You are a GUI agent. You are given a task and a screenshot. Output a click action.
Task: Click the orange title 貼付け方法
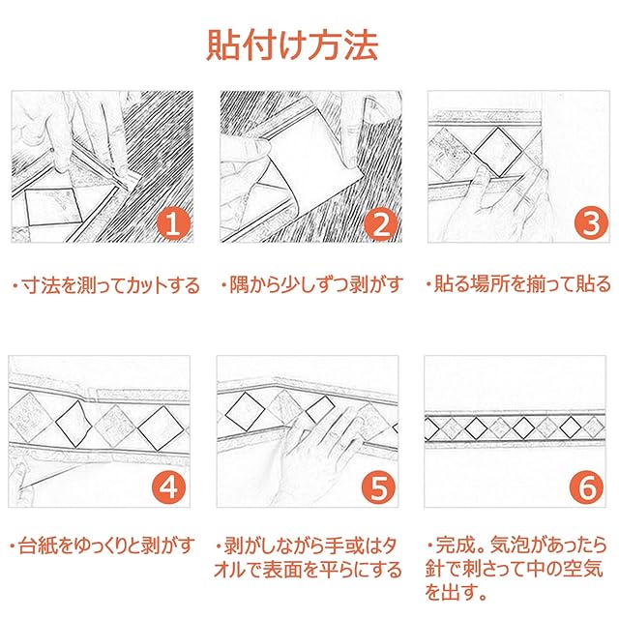tap(292, 45)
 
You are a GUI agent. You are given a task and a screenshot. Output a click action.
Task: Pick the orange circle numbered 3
tap(590, 223)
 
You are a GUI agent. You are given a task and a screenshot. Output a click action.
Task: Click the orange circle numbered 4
tap(169, 487)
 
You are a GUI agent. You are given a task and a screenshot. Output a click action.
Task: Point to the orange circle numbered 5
tap(378, 487)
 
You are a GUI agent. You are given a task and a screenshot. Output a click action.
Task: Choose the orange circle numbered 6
tap(587, 487)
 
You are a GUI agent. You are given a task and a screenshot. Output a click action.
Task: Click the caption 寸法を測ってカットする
tap(110, 285)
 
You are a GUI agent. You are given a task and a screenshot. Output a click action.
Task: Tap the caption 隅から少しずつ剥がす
tap(316, 284)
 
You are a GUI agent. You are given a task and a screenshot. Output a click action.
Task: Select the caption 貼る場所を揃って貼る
tap(522, 283)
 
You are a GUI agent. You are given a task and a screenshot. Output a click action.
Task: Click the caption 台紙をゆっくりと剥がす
tap(107, 545)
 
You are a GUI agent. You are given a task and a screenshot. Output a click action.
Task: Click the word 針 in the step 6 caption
tap(434, 569)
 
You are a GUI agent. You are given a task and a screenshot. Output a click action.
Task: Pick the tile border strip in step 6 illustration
tap(515, 427)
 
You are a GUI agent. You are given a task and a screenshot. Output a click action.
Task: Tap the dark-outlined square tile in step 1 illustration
tap(53, 207)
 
